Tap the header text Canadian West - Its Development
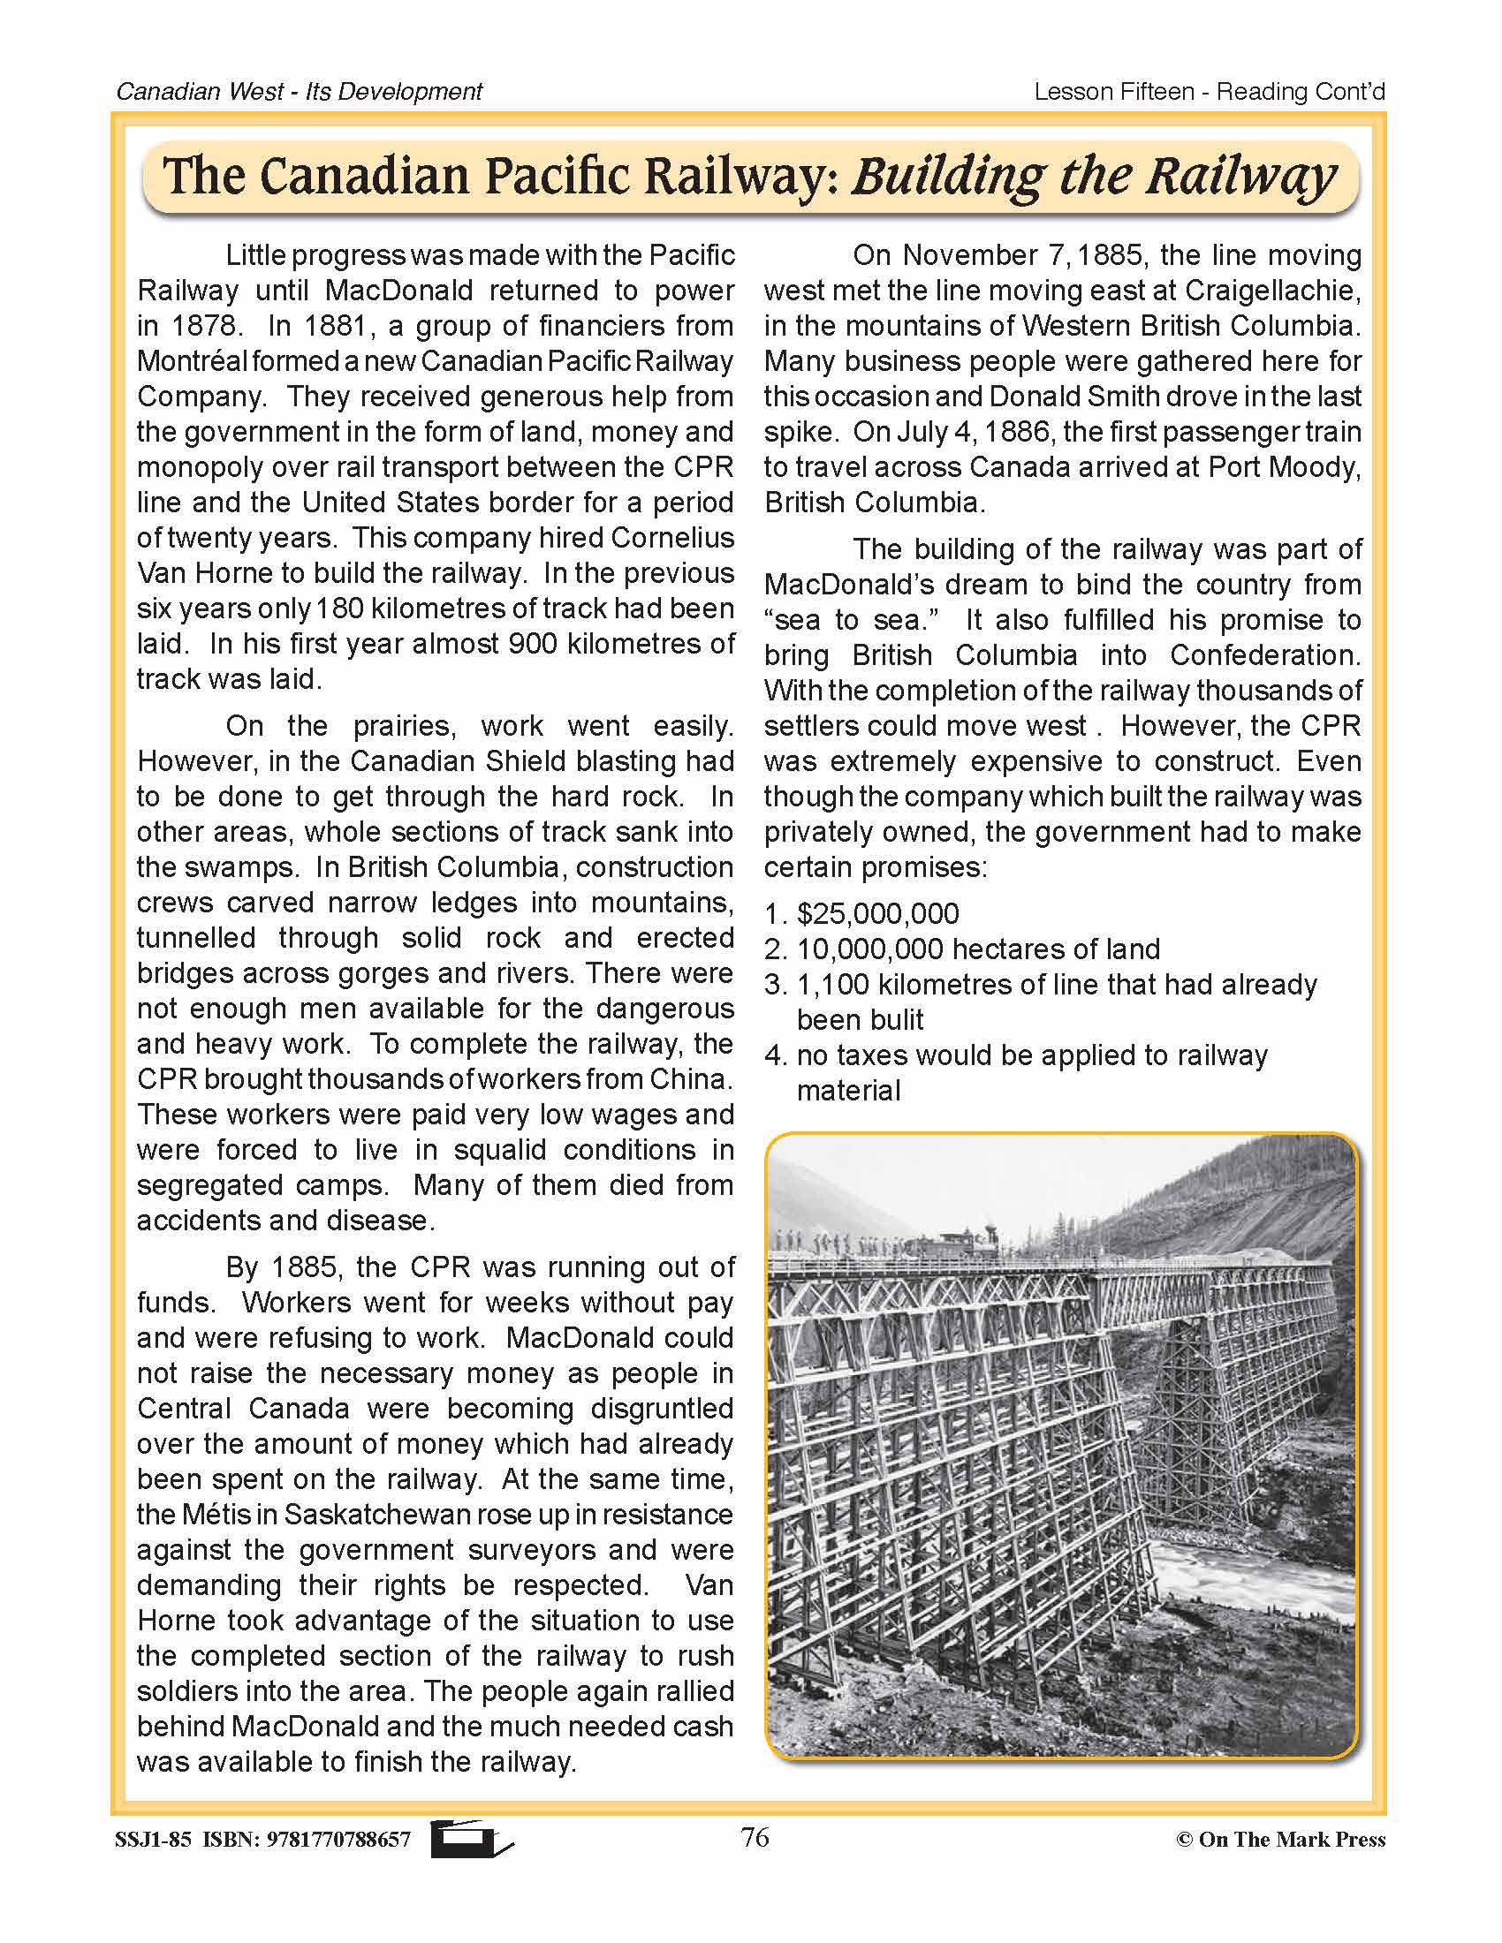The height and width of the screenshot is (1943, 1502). pos(299,92)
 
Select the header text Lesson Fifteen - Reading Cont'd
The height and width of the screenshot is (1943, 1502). pos(1210,92)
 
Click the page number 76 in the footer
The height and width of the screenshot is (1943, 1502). pos(755,1837)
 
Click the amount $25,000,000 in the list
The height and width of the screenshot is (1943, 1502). pos(878,914)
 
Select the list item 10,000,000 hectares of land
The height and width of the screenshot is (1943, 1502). pos(977,949)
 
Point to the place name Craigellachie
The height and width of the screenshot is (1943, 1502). pos(1271,291)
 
